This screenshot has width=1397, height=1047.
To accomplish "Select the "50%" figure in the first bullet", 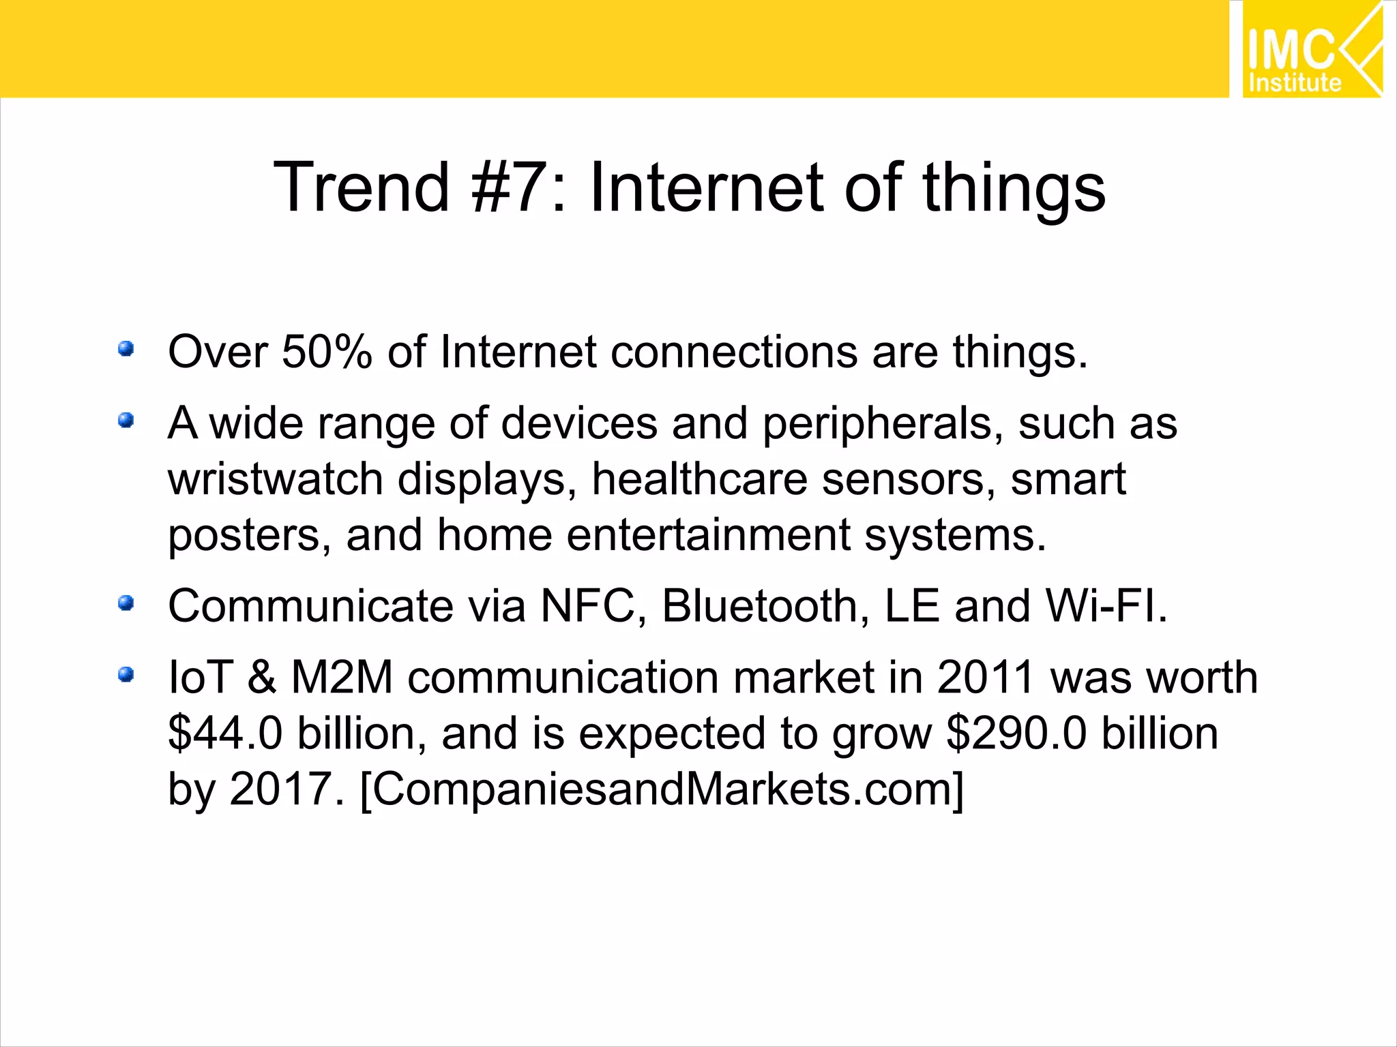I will (327, 352).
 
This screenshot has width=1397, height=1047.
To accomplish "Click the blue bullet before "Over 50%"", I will (126, 350).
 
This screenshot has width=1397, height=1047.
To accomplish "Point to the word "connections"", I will (733, 352).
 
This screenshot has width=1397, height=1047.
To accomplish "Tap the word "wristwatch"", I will (275, 479).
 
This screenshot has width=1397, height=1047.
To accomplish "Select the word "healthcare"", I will (699, 479).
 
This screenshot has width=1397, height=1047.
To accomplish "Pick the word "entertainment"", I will (708, 535).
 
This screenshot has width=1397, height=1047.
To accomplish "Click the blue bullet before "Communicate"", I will (126, 603).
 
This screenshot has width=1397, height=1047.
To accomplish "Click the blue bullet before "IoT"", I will (126, 675).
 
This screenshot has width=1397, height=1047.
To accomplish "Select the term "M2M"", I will (342, 678).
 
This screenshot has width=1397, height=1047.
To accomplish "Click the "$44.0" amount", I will (225, 734).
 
